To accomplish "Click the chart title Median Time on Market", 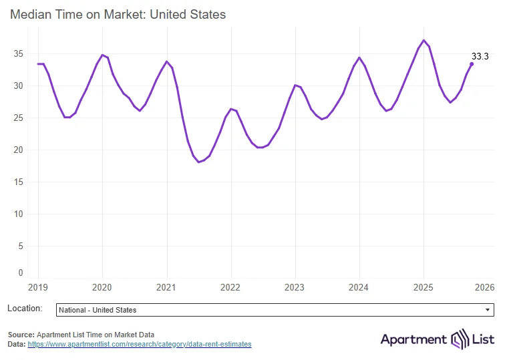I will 118,14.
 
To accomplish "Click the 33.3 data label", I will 480,57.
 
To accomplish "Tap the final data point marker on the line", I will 472,64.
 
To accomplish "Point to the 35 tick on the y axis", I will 19,53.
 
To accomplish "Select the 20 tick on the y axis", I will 19,150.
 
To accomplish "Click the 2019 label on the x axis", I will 38,287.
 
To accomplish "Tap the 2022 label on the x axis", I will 231,287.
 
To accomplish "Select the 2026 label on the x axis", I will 484,287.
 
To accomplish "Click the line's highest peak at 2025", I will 423,40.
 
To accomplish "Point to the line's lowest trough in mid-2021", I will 199,162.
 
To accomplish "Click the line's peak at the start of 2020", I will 102,55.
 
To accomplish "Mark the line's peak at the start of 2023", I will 295,85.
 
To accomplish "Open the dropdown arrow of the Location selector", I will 488,310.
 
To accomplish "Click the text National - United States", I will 98,310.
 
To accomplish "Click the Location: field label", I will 25,309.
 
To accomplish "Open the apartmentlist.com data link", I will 140,344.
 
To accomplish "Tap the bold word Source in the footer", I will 21,335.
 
